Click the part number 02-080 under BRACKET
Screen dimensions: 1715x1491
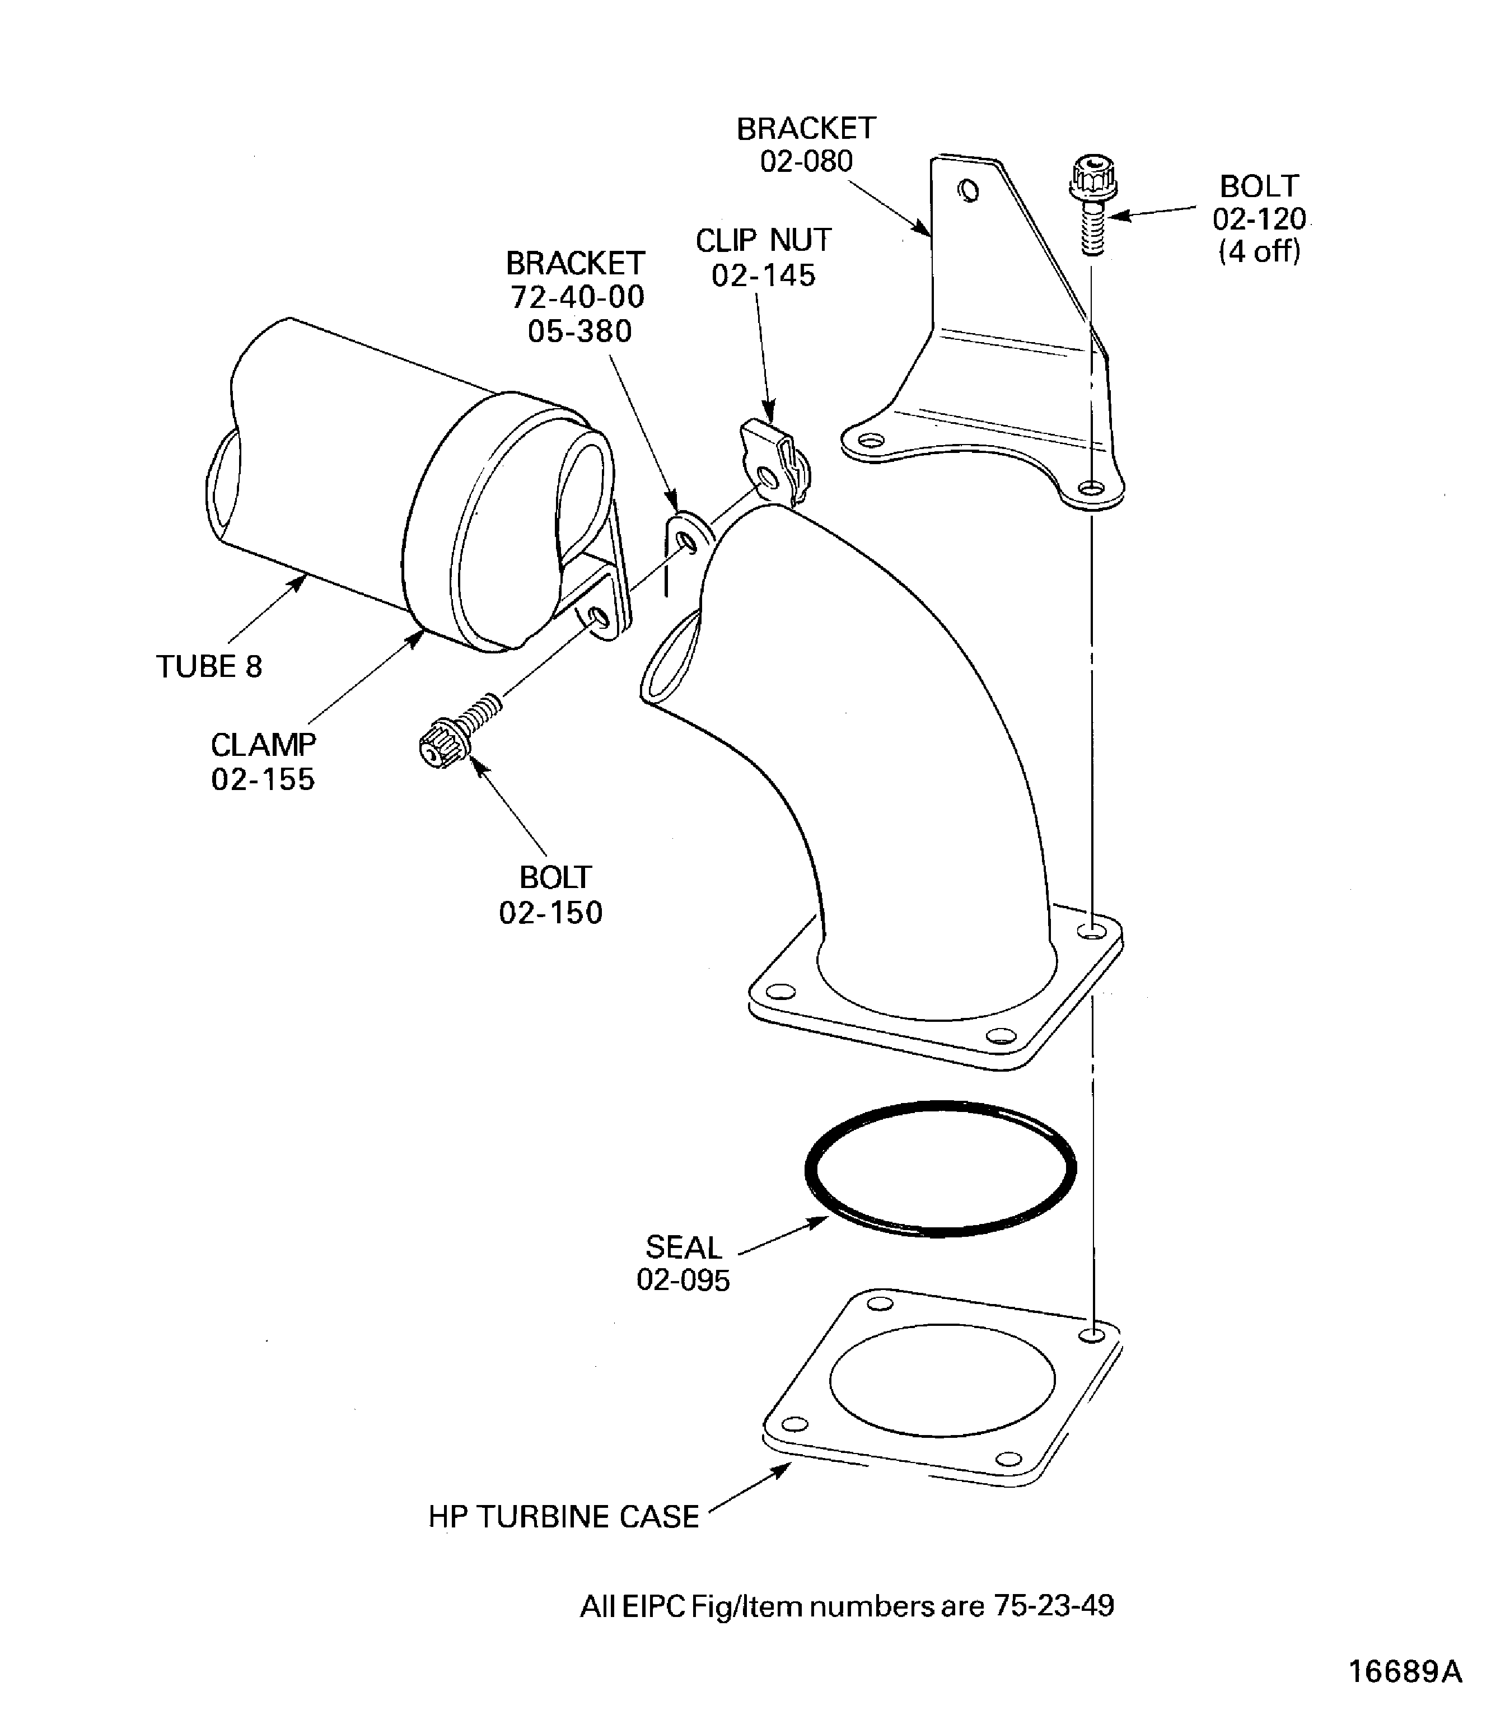click(x=806, y=161)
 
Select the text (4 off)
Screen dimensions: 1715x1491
click(x=1259, y=251)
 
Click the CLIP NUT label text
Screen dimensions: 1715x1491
click(x=763, y=241)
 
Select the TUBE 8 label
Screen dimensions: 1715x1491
click(x=209, y=666)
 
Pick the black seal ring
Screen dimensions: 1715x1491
click(x=940, y=1169)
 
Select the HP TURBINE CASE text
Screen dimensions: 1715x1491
click(x=563, y=1516)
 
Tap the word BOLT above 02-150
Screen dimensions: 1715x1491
click(x=554, y=877)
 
